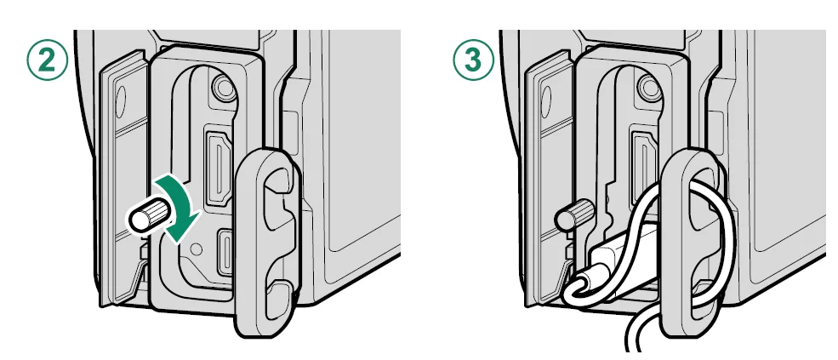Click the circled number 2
pos(47,60)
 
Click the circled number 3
pos(474,60)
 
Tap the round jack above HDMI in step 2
pos(223,87)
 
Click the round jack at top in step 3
pos(649,87)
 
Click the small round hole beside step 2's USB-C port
pos(197,249)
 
